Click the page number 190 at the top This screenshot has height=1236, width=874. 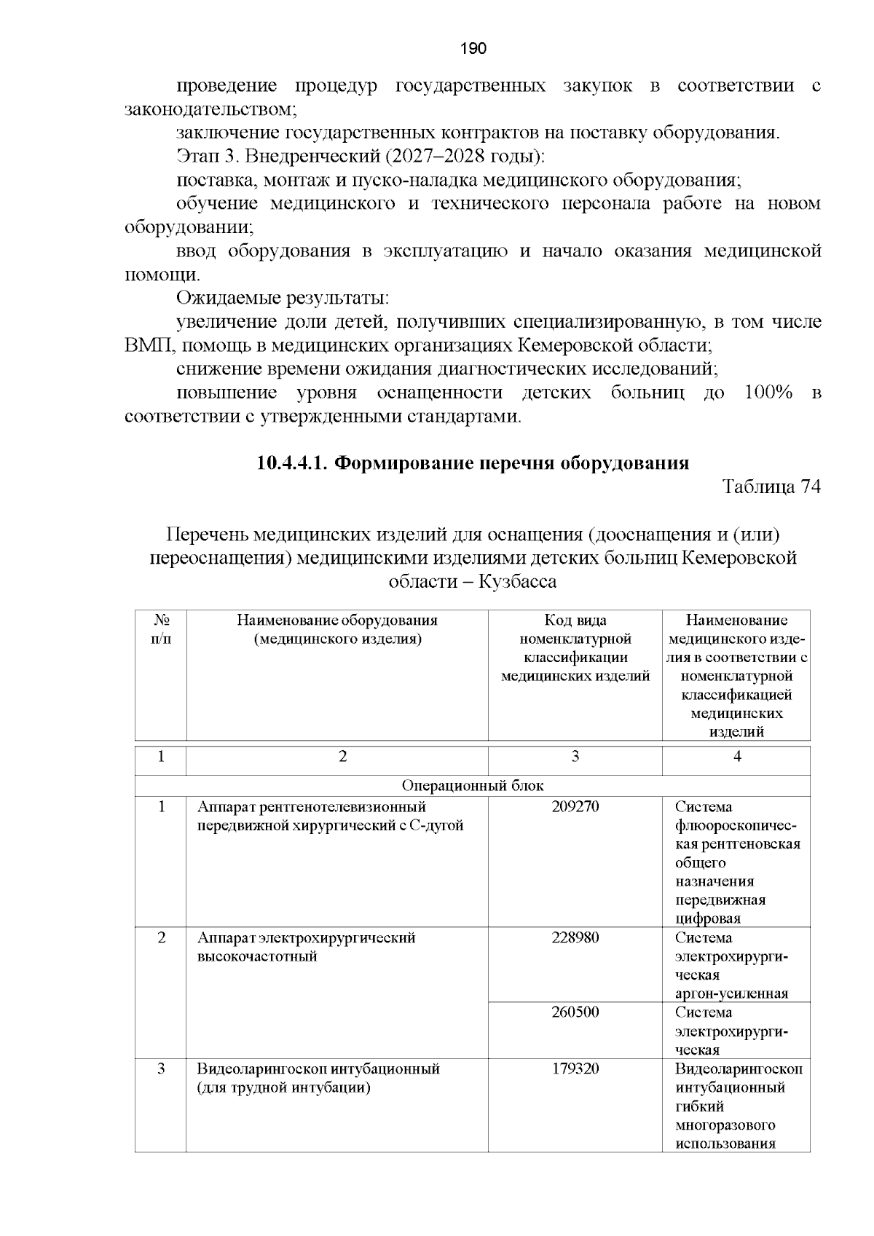473,49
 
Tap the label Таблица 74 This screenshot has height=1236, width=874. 771,487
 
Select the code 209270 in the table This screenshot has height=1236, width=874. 575,807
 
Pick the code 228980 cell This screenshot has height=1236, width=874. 575,938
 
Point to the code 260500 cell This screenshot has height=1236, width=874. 575,1012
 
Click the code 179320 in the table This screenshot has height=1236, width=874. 575,1069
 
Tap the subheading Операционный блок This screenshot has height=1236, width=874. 473,786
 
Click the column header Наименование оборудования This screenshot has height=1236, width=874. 337,621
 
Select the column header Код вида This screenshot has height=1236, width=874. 575,621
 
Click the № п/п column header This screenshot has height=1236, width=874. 161,630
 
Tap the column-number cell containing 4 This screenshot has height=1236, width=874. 736,757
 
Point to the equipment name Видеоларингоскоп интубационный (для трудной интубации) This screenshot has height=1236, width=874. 318,1079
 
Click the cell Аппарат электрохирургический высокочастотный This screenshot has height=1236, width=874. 306,947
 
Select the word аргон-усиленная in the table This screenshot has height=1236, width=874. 731,994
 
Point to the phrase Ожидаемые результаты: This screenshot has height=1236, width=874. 283,299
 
